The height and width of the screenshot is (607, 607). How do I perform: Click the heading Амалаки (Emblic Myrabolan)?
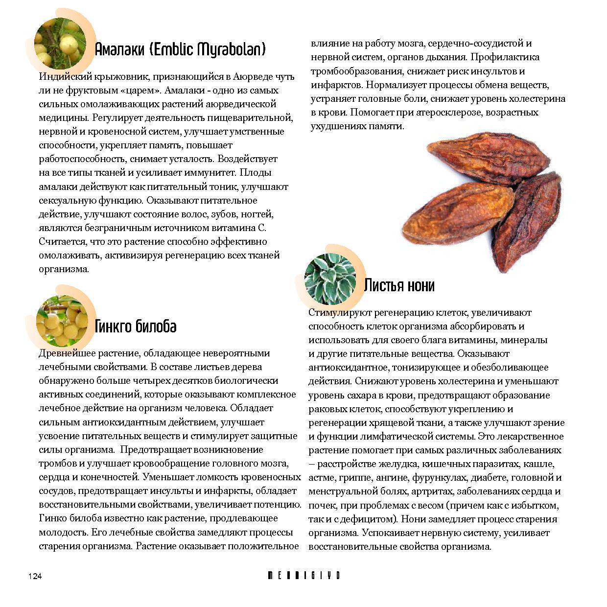[x=180, y=49]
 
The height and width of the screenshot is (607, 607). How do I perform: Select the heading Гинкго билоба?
[x=135, y=327]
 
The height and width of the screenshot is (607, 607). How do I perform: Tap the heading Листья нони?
[x=399, y=285]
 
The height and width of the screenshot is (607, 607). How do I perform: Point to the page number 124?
[x=35, y=576]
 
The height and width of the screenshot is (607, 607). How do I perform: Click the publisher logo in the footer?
[x=303, y=576]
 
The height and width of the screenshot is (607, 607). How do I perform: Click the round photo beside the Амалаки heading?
[x=60, y=43]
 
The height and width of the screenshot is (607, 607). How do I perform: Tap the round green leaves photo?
[x=330, y=279]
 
